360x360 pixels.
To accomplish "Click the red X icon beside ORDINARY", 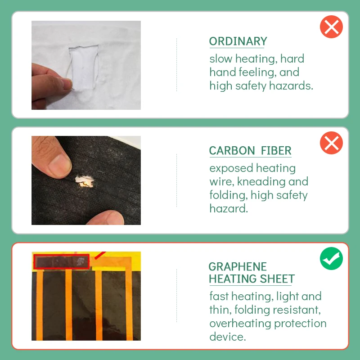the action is click(x=331, y=27).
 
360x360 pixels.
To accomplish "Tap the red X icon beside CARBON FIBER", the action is click(x=331, y=143).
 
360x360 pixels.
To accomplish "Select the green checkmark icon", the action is click(x=331, y=258).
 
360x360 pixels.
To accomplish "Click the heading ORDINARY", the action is click(x=238, y=41).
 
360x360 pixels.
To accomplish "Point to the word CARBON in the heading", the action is click(x=232, y=151).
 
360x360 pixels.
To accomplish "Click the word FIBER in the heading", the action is click(x=276, y=151).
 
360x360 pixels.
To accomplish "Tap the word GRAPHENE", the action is click(x=238, y=267).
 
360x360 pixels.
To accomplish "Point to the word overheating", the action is click(x=240, y=324).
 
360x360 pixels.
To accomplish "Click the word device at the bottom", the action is click(x=227, y=337).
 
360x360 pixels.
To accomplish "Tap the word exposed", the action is click(x=231, y=168).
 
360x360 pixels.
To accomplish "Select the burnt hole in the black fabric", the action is click(x=85, y=181).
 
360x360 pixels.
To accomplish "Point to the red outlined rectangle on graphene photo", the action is click(x=61, y=262).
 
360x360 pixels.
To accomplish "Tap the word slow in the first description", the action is click(x=221, y=59).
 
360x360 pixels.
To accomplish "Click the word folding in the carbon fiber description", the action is click(x=229, y=195).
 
